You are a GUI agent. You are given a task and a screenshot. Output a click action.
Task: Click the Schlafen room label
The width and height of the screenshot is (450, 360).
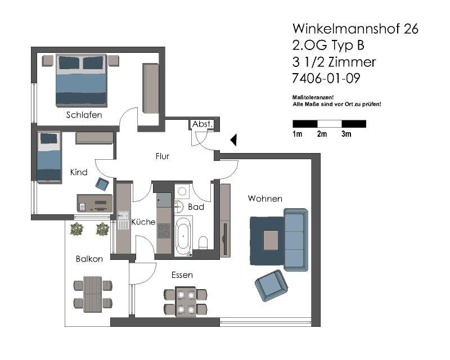tap(84, 115)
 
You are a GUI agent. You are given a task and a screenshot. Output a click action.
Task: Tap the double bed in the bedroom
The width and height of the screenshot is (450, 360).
tap(81, 80)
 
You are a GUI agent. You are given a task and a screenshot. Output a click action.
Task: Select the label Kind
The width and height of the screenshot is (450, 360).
tap(79, 172)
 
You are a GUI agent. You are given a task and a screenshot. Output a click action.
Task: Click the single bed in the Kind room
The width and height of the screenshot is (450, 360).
tap(49, 157)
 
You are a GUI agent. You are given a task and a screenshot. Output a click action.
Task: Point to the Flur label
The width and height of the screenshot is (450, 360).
tap(163, 156)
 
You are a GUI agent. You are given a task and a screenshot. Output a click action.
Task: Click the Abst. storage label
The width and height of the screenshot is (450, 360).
tap(202, 124)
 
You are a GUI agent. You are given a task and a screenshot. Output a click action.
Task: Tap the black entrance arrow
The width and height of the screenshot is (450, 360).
tap(233, 140)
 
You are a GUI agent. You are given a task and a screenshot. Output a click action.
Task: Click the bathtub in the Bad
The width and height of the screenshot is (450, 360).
tap(183, 236)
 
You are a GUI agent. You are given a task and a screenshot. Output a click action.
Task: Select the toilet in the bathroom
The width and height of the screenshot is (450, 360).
tap(203, 243)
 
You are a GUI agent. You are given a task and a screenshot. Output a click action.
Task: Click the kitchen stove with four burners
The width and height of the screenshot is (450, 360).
tap(164, 231)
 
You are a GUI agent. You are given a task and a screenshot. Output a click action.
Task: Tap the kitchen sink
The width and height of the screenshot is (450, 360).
tap(123, 220)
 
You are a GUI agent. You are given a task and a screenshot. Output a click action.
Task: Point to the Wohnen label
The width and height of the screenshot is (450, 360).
tap(265, 199)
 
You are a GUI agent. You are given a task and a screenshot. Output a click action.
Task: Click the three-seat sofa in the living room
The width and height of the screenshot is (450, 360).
tap(296, 240)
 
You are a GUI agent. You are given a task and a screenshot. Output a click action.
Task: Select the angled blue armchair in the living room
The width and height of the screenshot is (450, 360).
tap(271, 285)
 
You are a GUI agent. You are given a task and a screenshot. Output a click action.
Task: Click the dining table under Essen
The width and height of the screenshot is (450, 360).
tap(186, 301)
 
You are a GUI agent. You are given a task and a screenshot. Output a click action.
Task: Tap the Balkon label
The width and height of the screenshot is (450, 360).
tap(89, 259)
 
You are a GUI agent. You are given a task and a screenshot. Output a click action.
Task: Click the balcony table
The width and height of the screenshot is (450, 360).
tap(92, 294)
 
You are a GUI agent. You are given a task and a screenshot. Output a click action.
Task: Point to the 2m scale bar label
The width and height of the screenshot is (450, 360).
tap(322, 134)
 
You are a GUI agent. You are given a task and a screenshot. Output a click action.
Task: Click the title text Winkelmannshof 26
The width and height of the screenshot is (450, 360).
tap(355, 29)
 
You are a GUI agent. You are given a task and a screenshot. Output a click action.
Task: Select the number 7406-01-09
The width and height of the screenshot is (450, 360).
tap(326, 78)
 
